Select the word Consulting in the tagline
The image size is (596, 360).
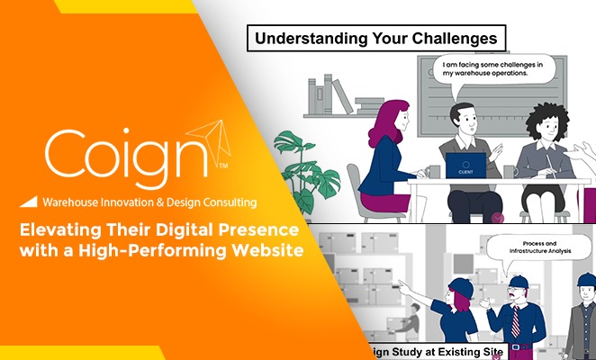[x=223, y=202]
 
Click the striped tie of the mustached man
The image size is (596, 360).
[x=516, y=320]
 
